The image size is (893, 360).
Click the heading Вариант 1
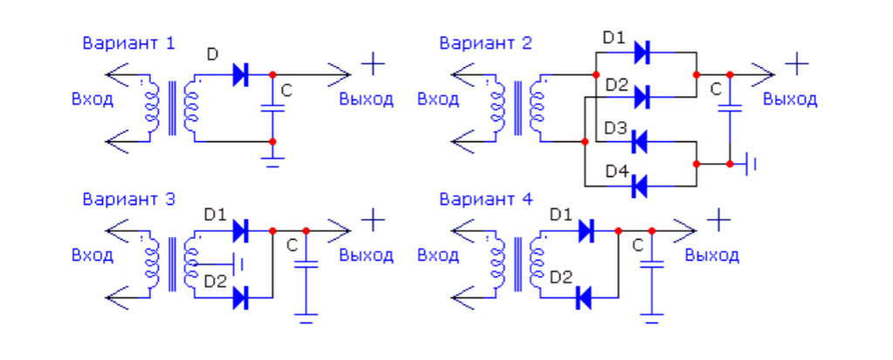point(129,44)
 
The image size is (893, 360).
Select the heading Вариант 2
point(486,44)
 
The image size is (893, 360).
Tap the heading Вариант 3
point(129,200)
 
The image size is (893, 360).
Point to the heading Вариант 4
point(486,200)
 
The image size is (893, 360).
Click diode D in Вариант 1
point(241,75)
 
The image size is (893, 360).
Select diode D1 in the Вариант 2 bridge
point(642,52)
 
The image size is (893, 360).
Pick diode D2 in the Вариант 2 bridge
point(642,97)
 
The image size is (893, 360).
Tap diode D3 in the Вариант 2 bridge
point(641,141)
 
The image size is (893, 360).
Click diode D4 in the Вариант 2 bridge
point(641,187)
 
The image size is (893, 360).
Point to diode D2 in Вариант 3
point(241,298)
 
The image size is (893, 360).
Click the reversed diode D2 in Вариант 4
point(583,298)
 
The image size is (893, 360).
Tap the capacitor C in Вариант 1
point(272,108)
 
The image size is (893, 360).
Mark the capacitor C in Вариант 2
point(730,108)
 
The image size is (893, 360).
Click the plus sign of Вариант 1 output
point(373,64)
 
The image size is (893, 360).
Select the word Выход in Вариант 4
point(712,255)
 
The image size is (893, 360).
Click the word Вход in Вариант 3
point(92,255)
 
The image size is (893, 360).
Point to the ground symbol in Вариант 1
point(272,161)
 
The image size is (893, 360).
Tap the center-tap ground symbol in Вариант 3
point(238,264)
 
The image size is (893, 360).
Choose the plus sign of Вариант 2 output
point(797,64)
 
